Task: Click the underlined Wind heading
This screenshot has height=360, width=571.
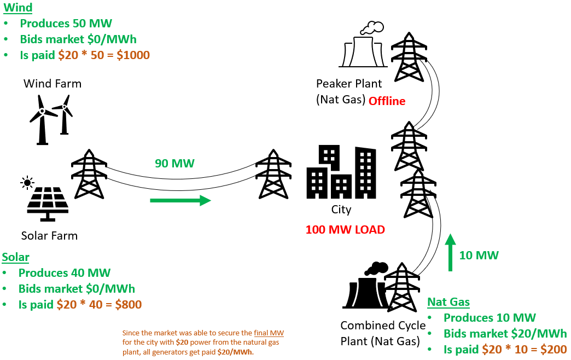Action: (17, 8)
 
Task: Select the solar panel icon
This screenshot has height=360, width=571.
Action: (48, 203)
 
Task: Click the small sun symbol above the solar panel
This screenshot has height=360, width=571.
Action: (27, 182)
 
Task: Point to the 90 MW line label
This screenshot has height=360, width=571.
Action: (174, 163)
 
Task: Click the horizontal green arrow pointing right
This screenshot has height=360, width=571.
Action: (180, 200)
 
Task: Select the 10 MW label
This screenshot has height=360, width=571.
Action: (479, 254)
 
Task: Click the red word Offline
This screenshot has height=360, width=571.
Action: (387, 101)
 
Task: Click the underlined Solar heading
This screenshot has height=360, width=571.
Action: (16, 257)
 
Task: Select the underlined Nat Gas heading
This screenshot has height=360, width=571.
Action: (448, 302)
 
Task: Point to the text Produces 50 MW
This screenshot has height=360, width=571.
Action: (66, 24)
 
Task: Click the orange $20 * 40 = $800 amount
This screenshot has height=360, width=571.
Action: (99, 305)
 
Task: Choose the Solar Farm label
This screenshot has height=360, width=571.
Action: (49, 236)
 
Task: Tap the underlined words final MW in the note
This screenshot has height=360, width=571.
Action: (269, 333)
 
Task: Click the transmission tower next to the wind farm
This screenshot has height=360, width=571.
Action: (89, 173)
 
